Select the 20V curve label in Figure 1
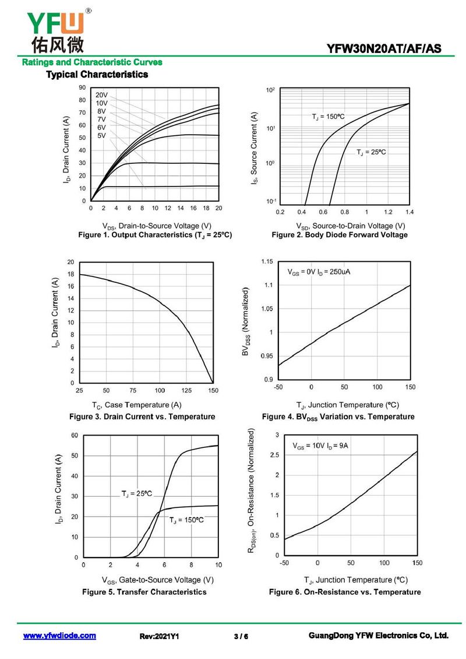(x=101, y=94)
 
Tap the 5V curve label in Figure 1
(x=101, y=135)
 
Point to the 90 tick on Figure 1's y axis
(x=82, y=87)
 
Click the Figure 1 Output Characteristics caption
(x=155, y=234)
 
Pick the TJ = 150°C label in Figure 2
(x=328, y=117)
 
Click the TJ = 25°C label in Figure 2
(x=371, y=152)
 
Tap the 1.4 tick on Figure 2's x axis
(x=409, y=212)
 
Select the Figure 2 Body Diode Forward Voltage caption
(x=340, y=234)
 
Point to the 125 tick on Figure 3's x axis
(x=186, y=390)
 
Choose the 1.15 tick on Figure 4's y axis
(x=266, y=261)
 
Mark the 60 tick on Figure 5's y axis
(x=75, y=435)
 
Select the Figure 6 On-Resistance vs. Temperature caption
(x=344, y=592)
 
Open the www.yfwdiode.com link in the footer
(x=59, y=636)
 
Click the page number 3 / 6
(x=241, y=636)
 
